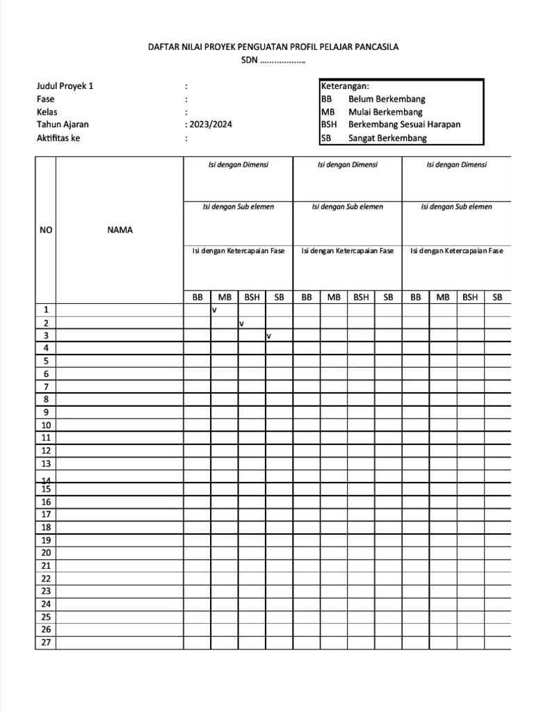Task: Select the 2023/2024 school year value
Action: (211, 124)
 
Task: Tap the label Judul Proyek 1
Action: (65, 86)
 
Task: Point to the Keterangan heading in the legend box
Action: (345, 86)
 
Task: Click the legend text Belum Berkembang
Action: (387, 99)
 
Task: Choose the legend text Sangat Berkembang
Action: (387, 138)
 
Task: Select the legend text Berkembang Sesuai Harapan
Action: (404, 125)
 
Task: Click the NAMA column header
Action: (120, 230)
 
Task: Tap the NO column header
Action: (45, 230)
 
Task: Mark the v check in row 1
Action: (215, 310)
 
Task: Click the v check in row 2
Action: (241, 323)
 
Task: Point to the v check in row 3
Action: (268, 336)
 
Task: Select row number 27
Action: (46, 642)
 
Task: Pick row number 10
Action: (46, 425)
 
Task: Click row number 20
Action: (46, 553)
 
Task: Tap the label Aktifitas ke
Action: (58, 138)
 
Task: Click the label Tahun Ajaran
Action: (63, 125)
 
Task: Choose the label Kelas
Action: (47, 112)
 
